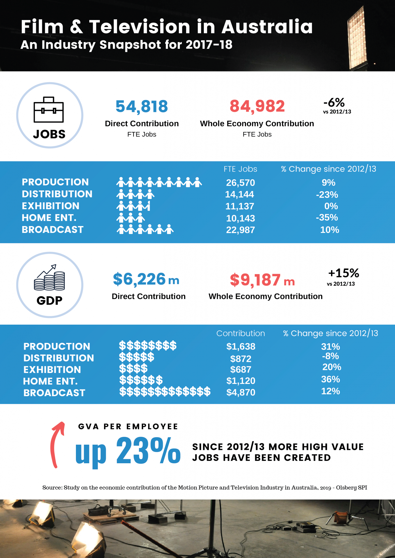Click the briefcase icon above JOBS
(x=49, y=110)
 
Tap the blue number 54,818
(x=142, y=106)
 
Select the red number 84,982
(x=257, y=106)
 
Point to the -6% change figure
(x=334, y=103)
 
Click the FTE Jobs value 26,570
(x=240, y=183)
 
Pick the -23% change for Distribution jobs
(x=327, y=194)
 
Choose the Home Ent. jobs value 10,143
(x=240, y=218)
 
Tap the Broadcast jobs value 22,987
(x=240, y=230)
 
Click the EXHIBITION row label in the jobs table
(x=51, y=206)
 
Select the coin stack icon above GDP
(x=50, y=278)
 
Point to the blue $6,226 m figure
(x=146, y=279)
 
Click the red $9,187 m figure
(x=262, y=280)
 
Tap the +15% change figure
(x=344, y=273)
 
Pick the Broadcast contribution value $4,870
(x=241, y=392)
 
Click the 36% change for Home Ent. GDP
(x=330, y=379)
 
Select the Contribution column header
(x=241, y=333)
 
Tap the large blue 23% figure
(x=148, y=451)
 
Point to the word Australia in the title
(x=267, y=27)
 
